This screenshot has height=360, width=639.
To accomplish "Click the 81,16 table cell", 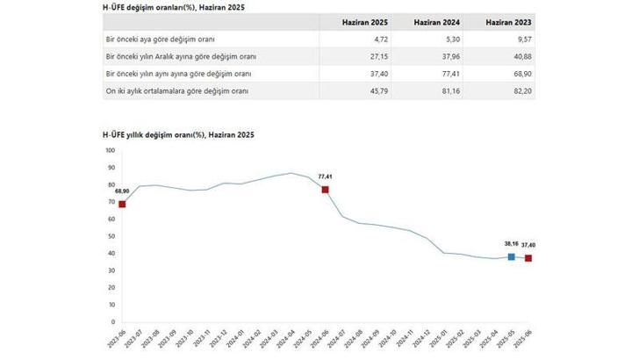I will [x=449, y=90].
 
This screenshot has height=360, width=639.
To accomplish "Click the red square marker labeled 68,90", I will [x=122, y=205].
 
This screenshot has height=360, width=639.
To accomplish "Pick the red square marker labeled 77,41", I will [x=325, y=190].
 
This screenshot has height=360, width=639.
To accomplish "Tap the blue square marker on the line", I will [x=511, y=256].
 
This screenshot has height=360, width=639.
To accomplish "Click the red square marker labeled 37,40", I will [x=528, y=258].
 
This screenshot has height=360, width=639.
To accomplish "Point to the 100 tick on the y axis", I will [x=110, y=151].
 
